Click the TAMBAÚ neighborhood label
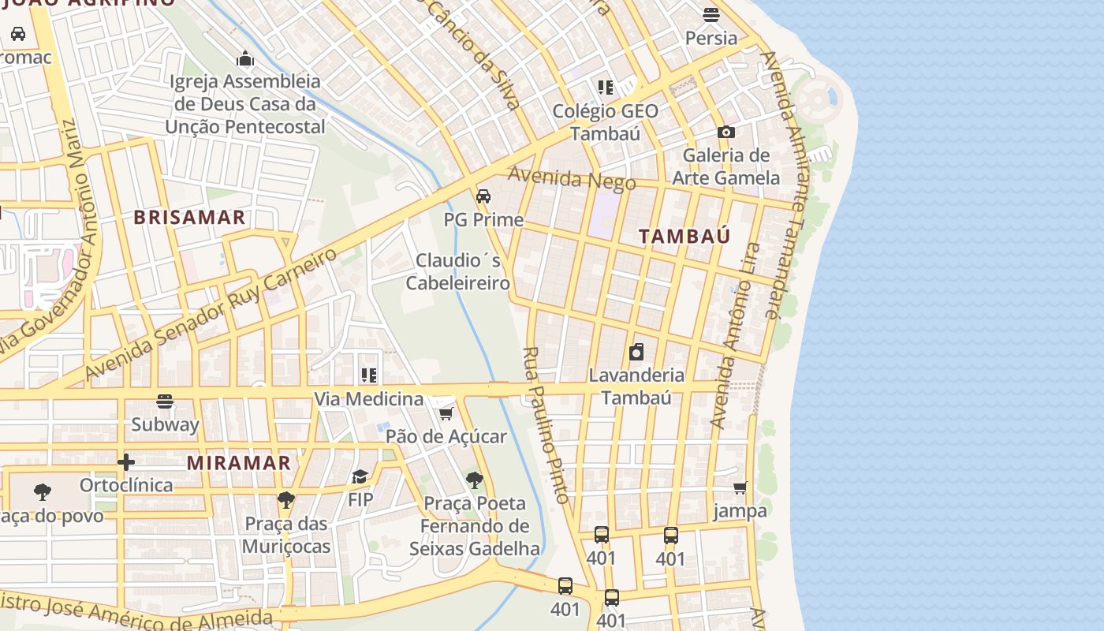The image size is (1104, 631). (684, 236)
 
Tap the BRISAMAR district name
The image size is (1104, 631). (189, 218)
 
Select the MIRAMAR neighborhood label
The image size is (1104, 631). (239, 463)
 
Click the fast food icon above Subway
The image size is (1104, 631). (165, 401)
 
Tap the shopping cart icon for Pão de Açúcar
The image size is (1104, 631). (446, 413)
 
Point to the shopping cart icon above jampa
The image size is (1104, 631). (740, 488)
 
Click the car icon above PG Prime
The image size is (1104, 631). (483, 196)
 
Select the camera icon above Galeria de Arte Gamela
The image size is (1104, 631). (725, 133)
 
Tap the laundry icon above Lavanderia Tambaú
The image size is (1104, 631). (636, 352)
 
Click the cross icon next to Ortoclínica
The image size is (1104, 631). (125, 462)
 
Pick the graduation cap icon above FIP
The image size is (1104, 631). (360, 476)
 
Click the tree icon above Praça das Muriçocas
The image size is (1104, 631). (285, 500)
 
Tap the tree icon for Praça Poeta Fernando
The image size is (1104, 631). (474, 480)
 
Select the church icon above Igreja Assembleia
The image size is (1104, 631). (245, 58)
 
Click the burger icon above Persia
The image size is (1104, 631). (711, 14)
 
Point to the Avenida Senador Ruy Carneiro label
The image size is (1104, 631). (211, 313)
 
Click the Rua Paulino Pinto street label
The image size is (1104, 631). (546, 425)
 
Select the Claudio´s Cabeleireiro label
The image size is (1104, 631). (457, 271)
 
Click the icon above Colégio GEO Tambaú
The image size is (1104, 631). (605, 88)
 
